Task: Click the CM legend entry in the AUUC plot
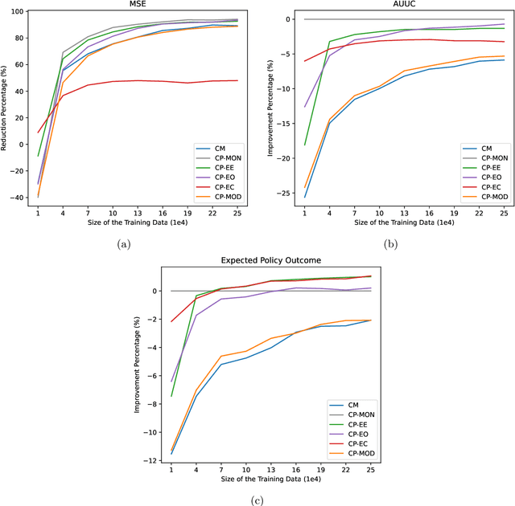pyautogui.click(x=486, y=148)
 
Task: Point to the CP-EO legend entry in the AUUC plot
pyautogui.click(x=489, y=177)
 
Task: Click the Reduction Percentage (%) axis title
pyautogui.click(x=6, y=108)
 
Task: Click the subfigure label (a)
pyautogui.click(x=122, y=243)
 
